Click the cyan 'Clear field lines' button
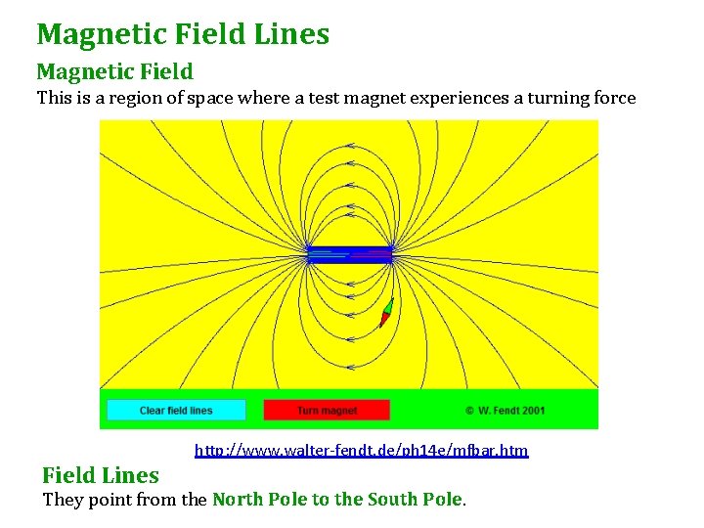[x=176, y=410]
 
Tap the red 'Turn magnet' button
[x=327, y=410]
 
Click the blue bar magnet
[x=349, y=254]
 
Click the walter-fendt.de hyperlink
[x=362, y=451]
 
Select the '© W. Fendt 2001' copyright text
[x=505, y=411]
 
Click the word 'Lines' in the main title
[x=291, y=34]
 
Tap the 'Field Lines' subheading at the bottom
[x=100, y=476]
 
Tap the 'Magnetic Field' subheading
[x=114, y=71]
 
